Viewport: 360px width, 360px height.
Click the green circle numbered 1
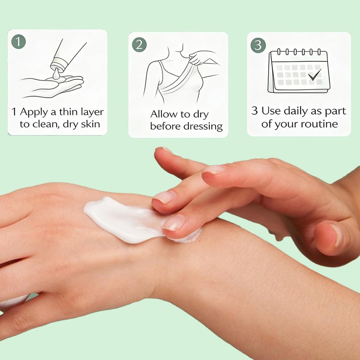click(18, 41)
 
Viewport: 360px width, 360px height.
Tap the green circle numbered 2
click(139, 45)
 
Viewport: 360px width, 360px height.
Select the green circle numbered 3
click(258, 45)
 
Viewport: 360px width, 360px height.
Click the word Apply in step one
click(34, 112)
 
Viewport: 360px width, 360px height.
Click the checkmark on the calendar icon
click(315, 75)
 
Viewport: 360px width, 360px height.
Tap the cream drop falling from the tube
click(56, 74)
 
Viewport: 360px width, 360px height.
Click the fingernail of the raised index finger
click(214, 170)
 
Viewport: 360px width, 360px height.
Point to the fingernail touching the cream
click(174, 222)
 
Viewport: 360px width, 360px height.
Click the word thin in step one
click(69, 112)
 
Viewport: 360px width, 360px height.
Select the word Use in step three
click(271, 111)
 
